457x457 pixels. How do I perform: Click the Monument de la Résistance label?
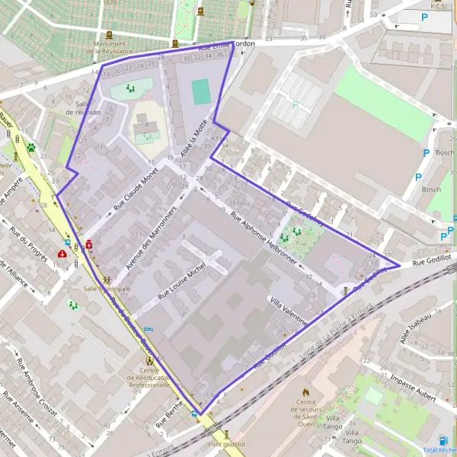coord(110,47)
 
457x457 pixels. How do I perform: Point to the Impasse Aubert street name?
coord(412,384)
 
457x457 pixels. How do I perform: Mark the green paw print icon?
coord(31,147)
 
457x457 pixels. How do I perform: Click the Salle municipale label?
coord(107,289)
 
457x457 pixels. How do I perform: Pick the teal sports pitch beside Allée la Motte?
coord(201,92)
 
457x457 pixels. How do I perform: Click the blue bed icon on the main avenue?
coord(148,329)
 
